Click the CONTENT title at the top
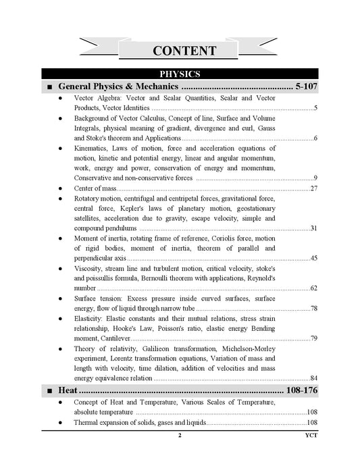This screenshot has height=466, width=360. (184, 51)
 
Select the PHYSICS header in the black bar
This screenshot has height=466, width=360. (179, 74)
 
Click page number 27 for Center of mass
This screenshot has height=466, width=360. (313, 188)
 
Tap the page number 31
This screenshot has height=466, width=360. (313, 228)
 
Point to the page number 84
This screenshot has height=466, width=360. (313, 378)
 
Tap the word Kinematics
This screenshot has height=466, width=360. (93, 148)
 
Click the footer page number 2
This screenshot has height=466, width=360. (179, 436)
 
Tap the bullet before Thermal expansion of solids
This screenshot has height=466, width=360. (61, 423)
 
